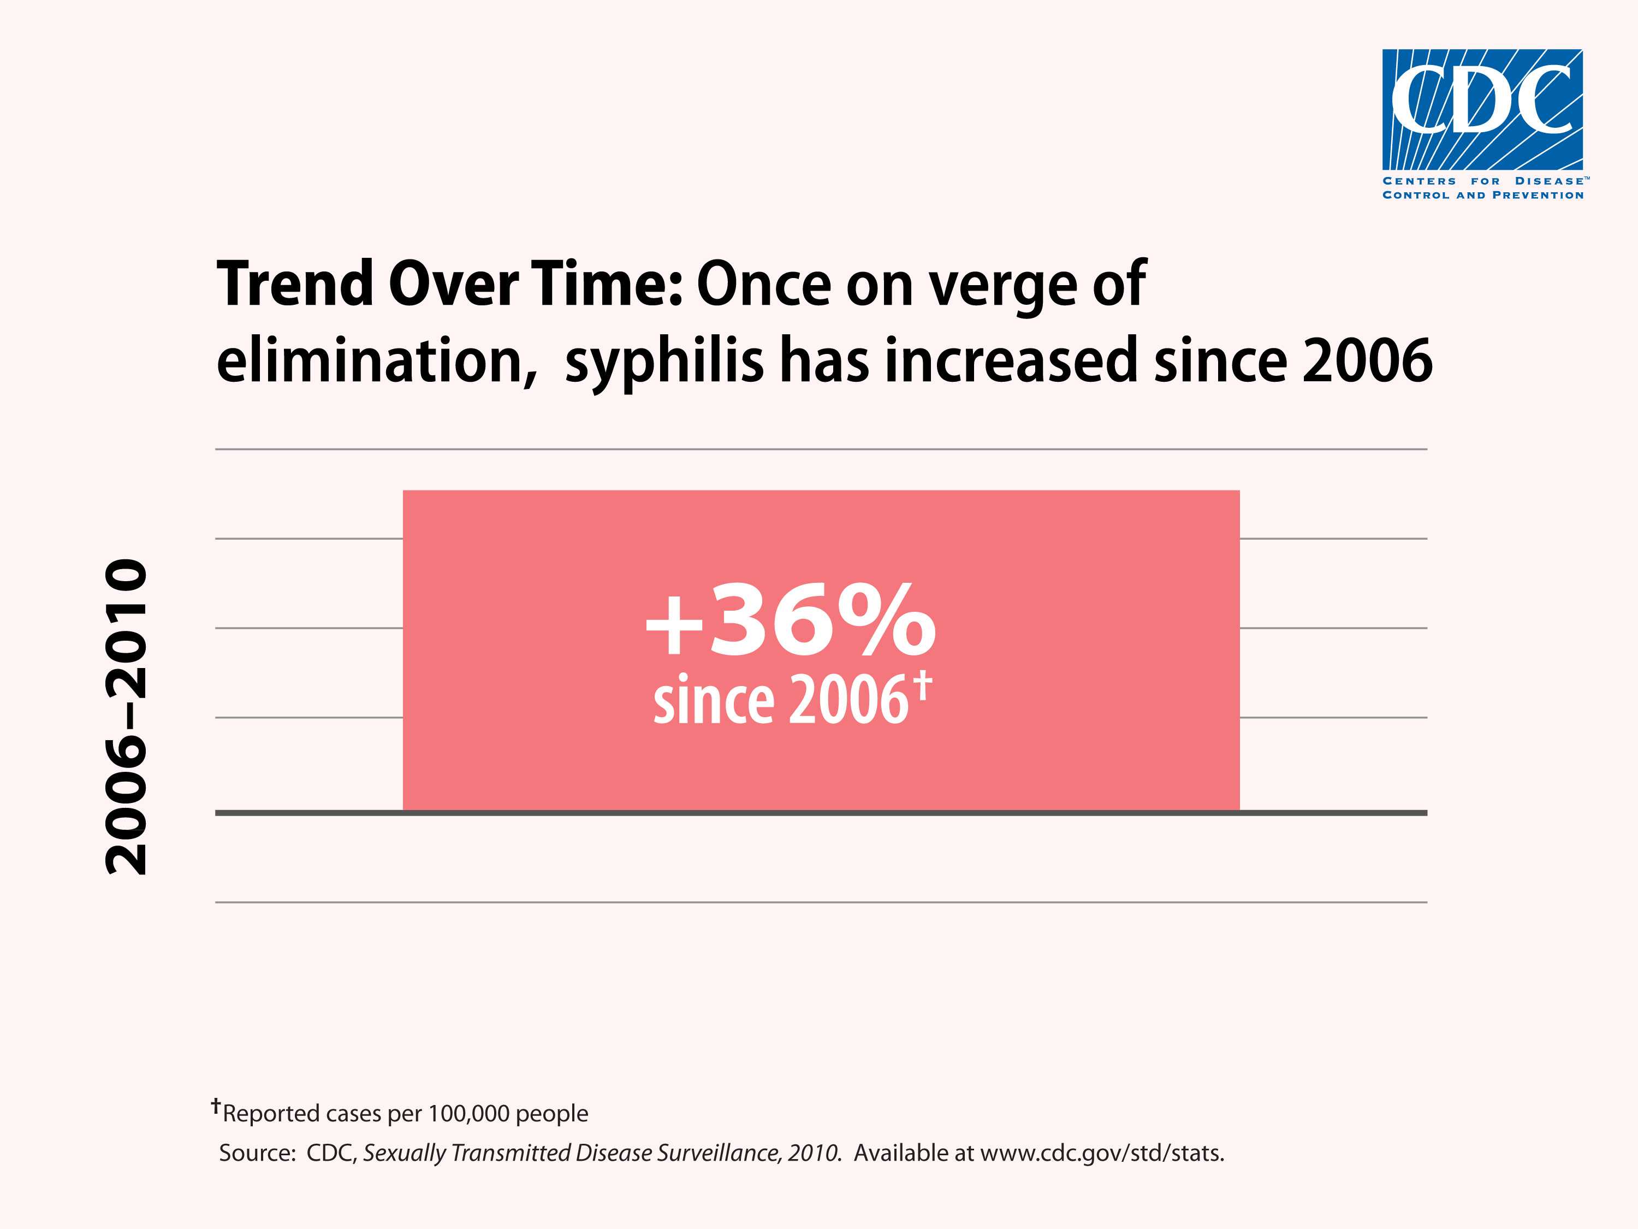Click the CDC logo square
(x=1482, y=110)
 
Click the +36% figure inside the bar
(x=790, y=621)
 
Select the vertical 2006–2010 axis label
(x=127, y=717)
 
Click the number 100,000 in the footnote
(x=470, y=1113)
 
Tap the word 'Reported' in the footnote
(x=271, y=1113)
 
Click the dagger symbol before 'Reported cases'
(x=216, y=1107)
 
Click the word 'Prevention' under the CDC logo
(x=1538, y=196)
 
